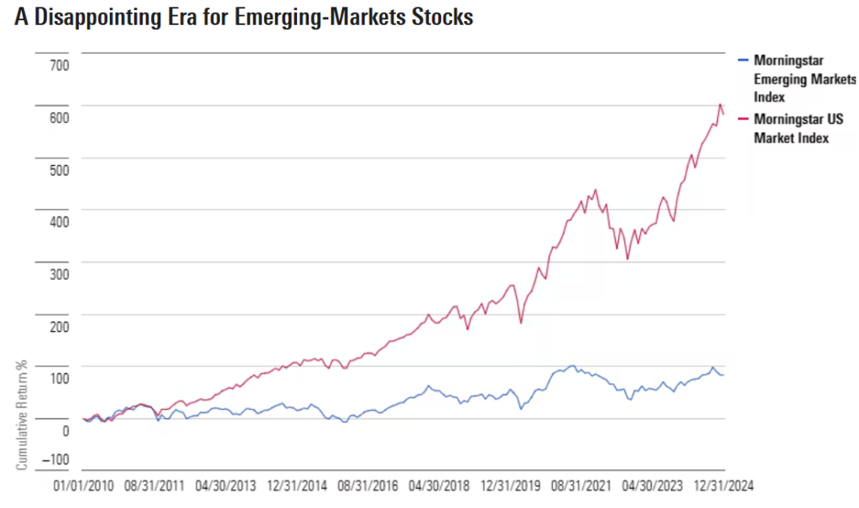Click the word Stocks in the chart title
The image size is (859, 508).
[x=441, y=18]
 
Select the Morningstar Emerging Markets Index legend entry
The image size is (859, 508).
[x=804, y=78]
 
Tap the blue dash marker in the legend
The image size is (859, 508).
[x=742, y=60]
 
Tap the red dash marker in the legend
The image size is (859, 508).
[x=742, y=119]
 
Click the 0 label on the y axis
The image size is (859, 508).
[x=65, y=431]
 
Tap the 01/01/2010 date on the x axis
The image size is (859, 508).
[x=83, y=485]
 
